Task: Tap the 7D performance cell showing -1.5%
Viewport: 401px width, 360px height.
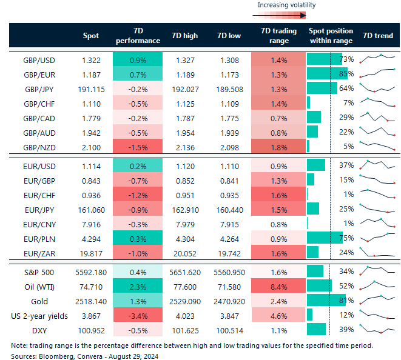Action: point(137,146)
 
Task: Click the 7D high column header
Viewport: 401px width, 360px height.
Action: point(184,36)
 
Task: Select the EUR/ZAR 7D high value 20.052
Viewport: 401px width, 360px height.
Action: point(184,252)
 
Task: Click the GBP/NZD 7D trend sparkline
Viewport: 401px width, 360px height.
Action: point(377,146)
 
